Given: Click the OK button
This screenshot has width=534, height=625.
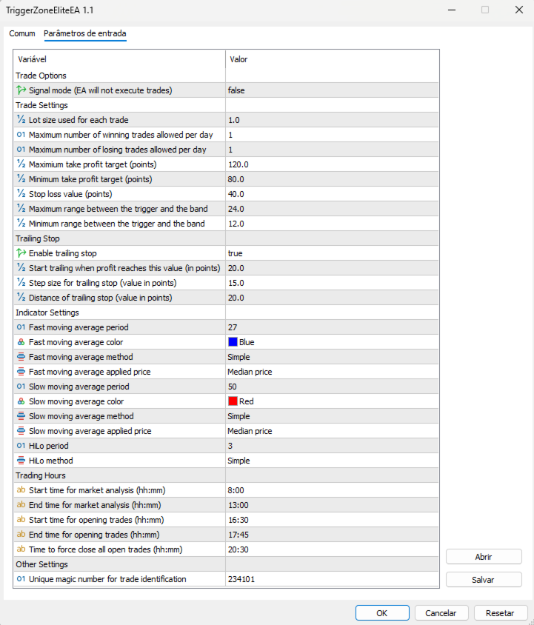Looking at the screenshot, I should pos(382,612).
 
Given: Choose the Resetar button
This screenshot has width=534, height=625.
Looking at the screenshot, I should pos(500,612).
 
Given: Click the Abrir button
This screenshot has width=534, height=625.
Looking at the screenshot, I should pos(484,557).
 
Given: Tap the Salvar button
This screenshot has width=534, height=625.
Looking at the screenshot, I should pos(484,580).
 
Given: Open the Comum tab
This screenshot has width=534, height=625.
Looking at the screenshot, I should pos(22,34).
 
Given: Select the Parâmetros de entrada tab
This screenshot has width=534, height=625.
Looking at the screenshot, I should pos(85,34).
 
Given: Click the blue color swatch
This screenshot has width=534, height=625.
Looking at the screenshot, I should pos(233,342).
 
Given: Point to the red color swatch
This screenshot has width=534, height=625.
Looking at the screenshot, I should pos(233,401).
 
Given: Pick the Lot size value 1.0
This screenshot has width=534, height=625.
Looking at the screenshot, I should pos(234,120).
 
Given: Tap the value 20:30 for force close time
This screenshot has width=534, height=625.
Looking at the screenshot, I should pos(238,549).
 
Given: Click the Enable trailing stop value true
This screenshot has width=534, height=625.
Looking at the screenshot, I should pos(236,253).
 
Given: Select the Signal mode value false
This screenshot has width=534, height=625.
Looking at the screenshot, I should pos(236,90).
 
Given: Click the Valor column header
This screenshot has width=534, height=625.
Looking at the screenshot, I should pos(238,59).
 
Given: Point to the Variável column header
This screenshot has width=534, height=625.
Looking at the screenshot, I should pos(32,59).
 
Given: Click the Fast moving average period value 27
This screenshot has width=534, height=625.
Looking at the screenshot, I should pos(233,327).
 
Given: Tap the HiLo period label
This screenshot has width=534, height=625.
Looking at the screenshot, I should pos(50,446).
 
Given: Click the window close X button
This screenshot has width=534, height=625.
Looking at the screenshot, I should pos(516,10).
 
